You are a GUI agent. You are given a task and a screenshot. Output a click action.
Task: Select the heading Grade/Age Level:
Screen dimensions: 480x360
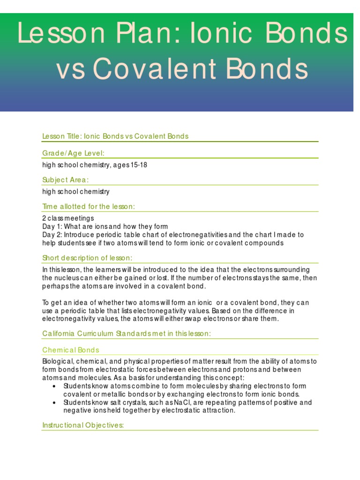coord(73,153)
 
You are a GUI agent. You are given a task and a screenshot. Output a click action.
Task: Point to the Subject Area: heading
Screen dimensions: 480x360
coord(66,180)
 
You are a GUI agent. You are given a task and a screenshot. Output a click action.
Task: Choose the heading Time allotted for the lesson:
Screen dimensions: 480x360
coord(89,206)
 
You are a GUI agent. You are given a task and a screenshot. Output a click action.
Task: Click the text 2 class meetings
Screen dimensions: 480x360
coord(68,218)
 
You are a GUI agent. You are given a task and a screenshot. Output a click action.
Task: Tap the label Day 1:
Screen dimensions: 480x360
coord(52,226)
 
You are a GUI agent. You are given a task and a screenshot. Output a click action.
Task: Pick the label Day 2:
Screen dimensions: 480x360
coord(52,235)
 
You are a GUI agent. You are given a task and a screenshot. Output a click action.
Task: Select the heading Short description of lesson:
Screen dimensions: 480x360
coord(88,258)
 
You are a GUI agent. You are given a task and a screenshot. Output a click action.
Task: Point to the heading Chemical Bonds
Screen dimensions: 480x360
coord(71,350)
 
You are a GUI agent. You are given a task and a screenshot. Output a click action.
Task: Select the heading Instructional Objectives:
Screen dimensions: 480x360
coord(83,425)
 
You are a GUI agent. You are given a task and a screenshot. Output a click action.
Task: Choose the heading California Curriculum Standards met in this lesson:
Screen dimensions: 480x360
coord(127,333)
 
